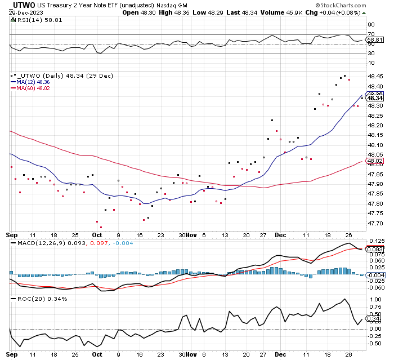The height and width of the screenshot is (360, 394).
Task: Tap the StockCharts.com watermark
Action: coord(341,5)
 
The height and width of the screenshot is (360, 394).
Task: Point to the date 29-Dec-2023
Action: coord(26,12)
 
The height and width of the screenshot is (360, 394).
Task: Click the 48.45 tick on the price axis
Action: coord(375,77)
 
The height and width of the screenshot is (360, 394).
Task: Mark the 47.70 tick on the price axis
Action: coord(375,224)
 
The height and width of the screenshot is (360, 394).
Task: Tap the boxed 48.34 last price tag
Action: coord(375,98)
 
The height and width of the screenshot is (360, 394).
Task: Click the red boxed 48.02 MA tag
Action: coord(375,161)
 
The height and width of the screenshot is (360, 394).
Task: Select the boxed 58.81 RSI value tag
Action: coord(375,40)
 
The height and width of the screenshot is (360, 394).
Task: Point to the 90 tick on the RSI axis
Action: coord(371,25)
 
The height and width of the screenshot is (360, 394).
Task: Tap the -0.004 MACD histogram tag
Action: coord(375,275)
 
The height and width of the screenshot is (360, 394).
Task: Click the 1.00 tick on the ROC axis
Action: coord(376,300)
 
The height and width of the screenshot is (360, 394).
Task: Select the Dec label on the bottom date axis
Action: coord(280,354)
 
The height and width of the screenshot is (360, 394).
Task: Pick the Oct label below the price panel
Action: coord(97,235)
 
